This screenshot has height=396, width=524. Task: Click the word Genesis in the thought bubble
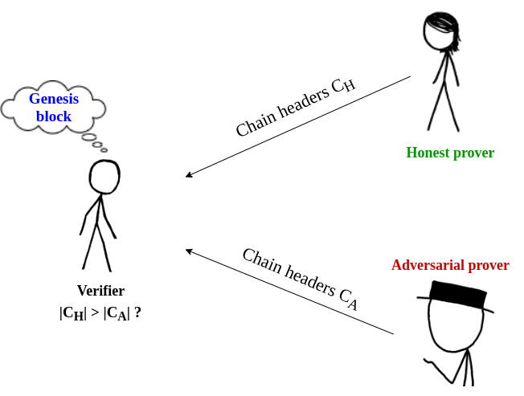pos(54,99)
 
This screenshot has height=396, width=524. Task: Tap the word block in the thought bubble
pos(54,116)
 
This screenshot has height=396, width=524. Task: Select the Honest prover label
pos(450,153)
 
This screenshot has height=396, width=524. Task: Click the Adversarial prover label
pos(450,265)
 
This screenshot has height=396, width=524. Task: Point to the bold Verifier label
pos(100,291)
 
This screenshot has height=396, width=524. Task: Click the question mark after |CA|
pos(137,312)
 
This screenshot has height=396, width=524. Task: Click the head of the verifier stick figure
pos(104,177)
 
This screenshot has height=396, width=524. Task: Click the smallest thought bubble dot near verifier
pos(104,149)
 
